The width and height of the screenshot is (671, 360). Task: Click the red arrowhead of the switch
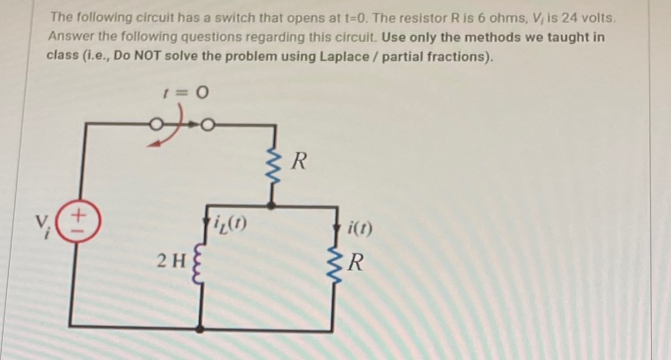tap(153, 143)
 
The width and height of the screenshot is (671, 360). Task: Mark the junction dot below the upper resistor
tap(272, 206)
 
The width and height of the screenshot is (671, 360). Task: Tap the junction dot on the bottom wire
tap(200, 329)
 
